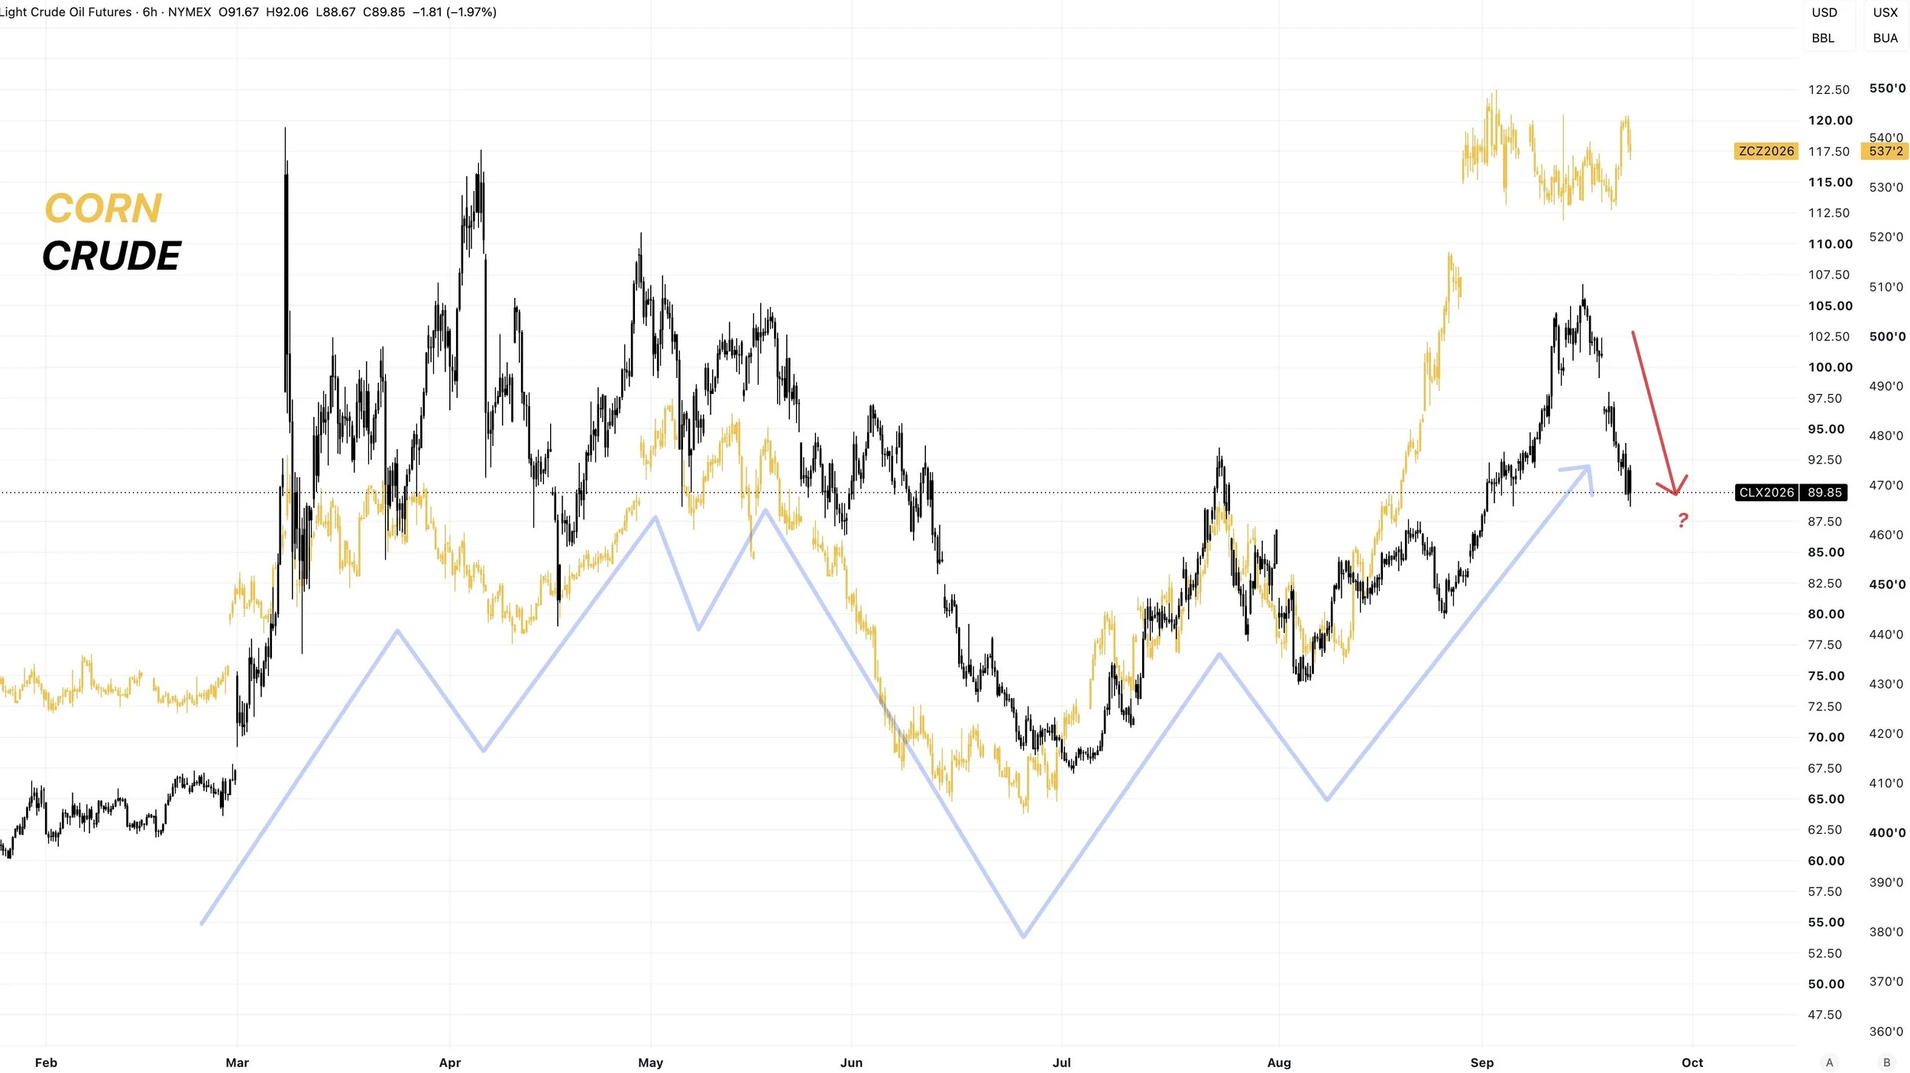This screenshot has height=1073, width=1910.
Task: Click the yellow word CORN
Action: (103, 208)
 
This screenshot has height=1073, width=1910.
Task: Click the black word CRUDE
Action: (112, 256)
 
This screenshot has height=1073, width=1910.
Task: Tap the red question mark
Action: (1682, 521)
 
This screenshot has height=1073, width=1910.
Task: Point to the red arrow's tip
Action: (1675, 495)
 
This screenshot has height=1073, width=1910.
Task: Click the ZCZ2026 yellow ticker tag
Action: (1766, 151)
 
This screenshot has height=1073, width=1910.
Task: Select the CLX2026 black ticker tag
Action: (1766, 493)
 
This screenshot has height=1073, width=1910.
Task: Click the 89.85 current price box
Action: (1824, 493)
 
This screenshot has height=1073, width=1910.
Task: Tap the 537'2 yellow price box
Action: (1886, 151)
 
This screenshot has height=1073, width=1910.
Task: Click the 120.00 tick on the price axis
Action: (1830, 121)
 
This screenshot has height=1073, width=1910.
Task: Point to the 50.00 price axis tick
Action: (1826, 984)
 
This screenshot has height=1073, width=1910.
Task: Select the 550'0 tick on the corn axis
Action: (1887, 89)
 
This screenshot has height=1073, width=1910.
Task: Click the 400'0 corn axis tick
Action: (1887, 833)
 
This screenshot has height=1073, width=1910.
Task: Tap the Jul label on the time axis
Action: (1061, 1063)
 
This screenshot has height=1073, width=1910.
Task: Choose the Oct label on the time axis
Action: (1692, 1063)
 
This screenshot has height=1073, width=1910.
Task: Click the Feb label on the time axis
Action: (46, 1063)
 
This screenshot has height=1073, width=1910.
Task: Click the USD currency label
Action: (1824, 13)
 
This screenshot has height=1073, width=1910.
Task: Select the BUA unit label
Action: (1886, 38)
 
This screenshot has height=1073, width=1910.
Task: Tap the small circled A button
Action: (1829, 1062)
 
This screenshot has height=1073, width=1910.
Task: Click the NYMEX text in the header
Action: (189, 12)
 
